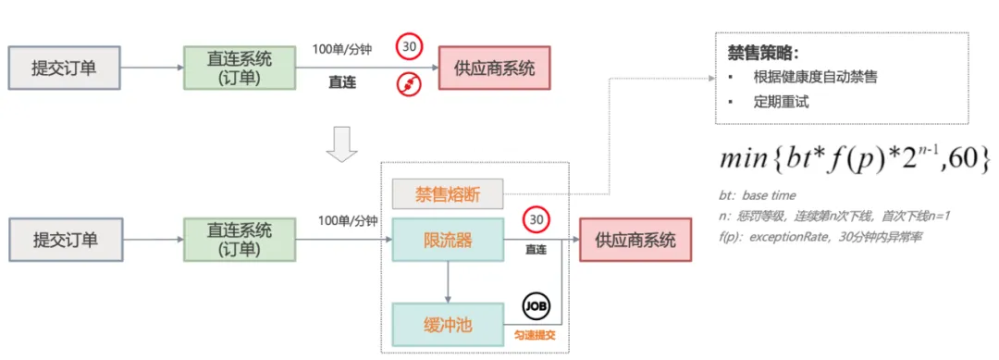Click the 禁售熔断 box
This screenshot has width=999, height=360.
[x=448, y=194]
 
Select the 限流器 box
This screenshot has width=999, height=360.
[x=448, y=240]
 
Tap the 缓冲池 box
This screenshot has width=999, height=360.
[x=448, y=325]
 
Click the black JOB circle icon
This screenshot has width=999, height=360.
[x=536, y=307]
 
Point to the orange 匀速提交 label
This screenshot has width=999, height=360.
[x=535, y=334]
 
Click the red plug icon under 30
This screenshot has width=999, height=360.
[x=410, y=85]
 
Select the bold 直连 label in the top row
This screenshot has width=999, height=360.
[x=342, y=81]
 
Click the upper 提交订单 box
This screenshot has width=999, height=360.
[x=65, y=68]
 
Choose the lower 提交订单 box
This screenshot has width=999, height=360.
[x=65, y=240]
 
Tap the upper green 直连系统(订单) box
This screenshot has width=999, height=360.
[x=239, y=68]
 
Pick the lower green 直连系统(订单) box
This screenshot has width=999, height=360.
[x=239, y=240]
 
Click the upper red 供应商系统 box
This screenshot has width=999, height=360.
[x=494, y=68]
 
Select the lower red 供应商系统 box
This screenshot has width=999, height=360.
[x=635, y=240]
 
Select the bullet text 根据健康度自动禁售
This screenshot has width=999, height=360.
[x=816, y=78]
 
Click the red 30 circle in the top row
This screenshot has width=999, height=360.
[x=410, y=46]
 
